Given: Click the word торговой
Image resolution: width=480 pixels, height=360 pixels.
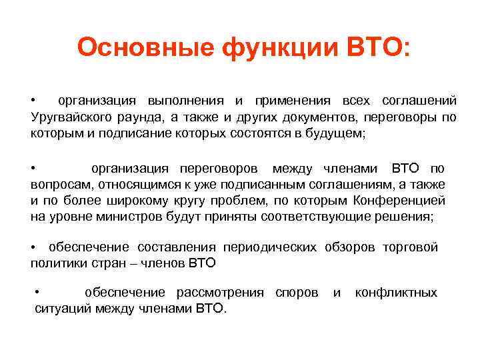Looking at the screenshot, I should (410, 247).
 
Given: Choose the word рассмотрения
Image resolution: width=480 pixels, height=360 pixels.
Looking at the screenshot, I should (220, 293).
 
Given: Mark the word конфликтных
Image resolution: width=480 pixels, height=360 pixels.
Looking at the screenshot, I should (396, 293).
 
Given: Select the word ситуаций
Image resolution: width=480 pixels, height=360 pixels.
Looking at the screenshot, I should (63, 309).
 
